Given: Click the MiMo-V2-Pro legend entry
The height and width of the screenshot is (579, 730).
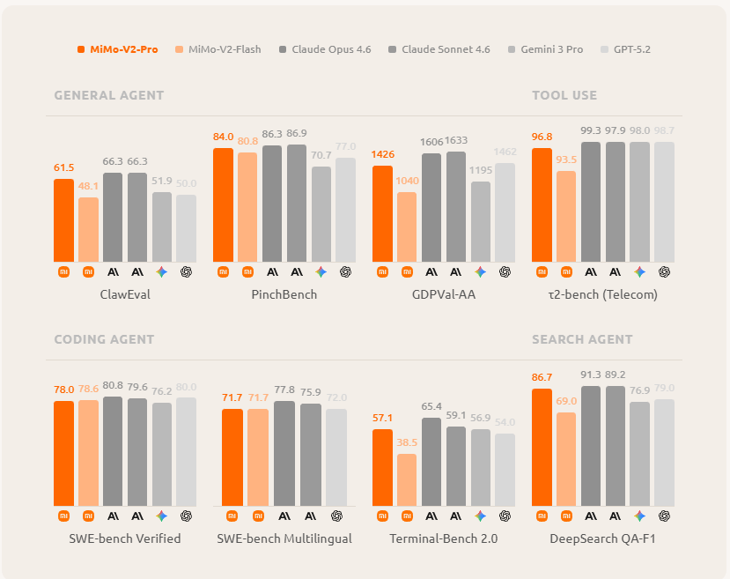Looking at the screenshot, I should pyautogui.click(x=118, y=49).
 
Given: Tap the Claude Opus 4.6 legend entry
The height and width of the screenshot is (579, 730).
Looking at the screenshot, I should pyautogui.click(x=325, y=49).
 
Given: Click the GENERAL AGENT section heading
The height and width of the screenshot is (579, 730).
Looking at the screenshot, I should pyautogui.click(x=108, y=95).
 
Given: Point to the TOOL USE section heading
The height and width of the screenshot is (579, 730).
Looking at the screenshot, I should pyautogui.click(x=564, y=95).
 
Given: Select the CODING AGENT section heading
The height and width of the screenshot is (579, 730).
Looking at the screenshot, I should pyautogui.click(x=104, y=339).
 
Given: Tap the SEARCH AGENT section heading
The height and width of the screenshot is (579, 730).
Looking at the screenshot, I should pyautogui.click(x=582, y=339).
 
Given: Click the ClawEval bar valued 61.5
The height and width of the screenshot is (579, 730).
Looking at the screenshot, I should pyautogui.click(x=64, y=220).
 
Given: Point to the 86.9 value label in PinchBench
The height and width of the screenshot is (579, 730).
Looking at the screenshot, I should pyautogui.click(x=297, y=134).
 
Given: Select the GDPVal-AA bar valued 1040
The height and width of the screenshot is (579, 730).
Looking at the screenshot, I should pyautogui.click(x=407, y=226).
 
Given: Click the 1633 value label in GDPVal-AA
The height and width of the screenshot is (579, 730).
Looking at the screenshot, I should pyautogui.click(x=456, y=140).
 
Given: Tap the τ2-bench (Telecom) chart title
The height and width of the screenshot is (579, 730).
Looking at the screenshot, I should pyautogui.click(x=603, y=294).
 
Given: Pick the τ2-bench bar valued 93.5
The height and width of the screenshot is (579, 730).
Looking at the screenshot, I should pyautogui.click(x=566, y=216).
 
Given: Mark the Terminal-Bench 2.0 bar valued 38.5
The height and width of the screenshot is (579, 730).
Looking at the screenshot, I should pyautogui.click(x=407, y=479).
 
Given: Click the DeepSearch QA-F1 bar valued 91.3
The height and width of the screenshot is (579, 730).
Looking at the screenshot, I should pyautogui.click(x=591, y=445).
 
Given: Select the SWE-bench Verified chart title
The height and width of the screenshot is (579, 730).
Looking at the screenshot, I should pyautogui.click(x=125, y=538).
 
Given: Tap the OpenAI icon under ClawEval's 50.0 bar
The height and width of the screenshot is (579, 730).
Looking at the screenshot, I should pyautogui.click(x=186, y=272).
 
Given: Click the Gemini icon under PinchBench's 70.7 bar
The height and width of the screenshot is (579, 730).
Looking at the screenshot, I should pyautogui.click(x=321, y=272).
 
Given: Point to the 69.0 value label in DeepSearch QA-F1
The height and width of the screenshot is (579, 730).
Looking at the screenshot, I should pyautogui.click(x=566, y=401).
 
